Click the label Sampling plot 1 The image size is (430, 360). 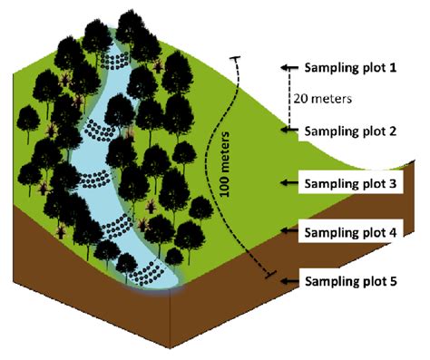coord(351,69)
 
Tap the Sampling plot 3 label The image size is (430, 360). coord(351,184)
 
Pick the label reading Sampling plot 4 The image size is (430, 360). coord(351,232)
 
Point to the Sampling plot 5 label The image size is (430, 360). coord(351,281)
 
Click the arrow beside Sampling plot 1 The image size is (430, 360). coord(290,69)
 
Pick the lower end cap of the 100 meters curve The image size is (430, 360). coord(267,273)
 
